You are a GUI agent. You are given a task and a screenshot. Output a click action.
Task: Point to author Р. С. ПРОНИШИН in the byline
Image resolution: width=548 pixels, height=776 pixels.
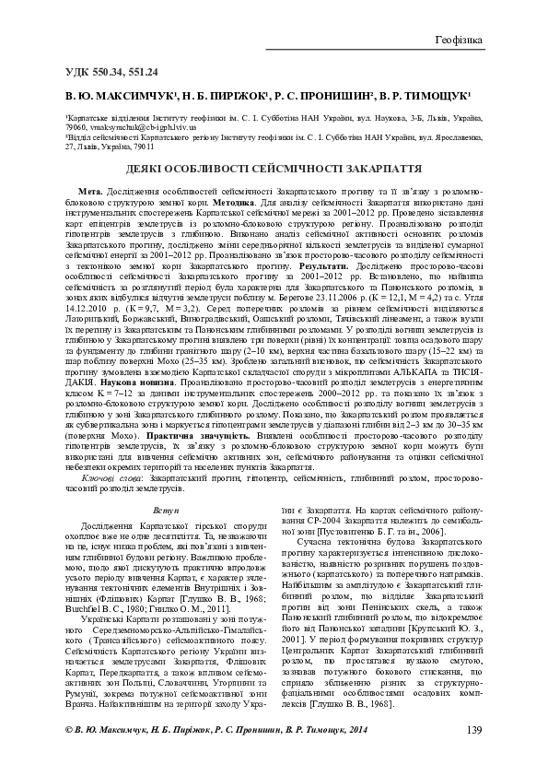point(321,95)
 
